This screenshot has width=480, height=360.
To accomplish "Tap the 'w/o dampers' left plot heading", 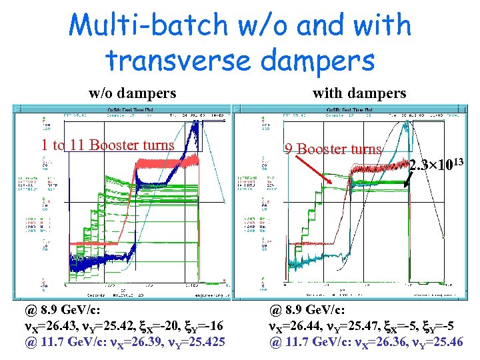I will tap(133, 93).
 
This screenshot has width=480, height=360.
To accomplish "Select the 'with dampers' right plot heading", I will tap(359, 93).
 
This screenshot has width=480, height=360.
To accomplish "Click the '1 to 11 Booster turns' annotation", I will tap(107, 145).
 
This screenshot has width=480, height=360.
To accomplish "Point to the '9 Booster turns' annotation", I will tap(333, 149).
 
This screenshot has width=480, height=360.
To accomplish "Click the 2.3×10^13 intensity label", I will tap(436, 165).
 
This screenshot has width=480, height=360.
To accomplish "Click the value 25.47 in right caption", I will tap(361, 327).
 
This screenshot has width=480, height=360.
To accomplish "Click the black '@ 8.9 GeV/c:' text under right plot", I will tap(307, 311).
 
